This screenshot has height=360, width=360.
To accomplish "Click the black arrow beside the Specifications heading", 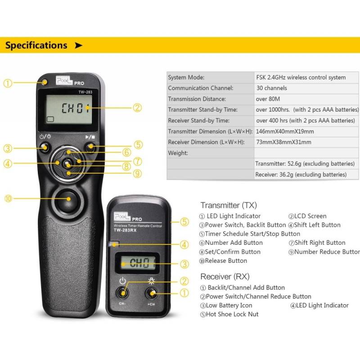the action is [x=78, y=45].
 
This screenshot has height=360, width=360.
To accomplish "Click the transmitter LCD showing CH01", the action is [x=69, y=109].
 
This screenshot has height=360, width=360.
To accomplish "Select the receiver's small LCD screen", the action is [x=138, y=263].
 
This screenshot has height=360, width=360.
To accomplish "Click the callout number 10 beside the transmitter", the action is [x=8, y=198].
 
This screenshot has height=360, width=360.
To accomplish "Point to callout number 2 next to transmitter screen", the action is [x=137, y=108].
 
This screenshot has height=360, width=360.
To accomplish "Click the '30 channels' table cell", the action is [x=272, y=88].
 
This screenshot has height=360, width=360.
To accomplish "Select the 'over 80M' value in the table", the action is [x=268, y=99].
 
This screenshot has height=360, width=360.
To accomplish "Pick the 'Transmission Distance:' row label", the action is [x=197, y=99].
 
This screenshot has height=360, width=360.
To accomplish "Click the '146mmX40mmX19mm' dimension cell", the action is [x=285, y=131].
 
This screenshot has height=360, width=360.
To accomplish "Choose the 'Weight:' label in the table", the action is [x=178, y=153].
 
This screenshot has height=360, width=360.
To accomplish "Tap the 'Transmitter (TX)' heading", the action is [x=229, y=205].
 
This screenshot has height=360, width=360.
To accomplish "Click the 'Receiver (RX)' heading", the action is [x=225, y=276].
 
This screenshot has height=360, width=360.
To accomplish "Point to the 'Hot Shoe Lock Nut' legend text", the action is [x=232, y=314].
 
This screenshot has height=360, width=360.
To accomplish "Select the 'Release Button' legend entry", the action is [x=226, y=261].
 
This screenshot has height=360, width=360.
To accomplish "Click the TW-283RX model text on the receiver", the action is [x=125, y=230].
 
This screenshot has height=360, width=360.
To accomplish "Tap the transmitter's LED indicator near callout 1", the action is [x=45, y=82].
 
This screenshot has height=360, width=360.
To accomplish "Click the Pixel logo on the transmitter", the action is [x=64, y=81].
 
